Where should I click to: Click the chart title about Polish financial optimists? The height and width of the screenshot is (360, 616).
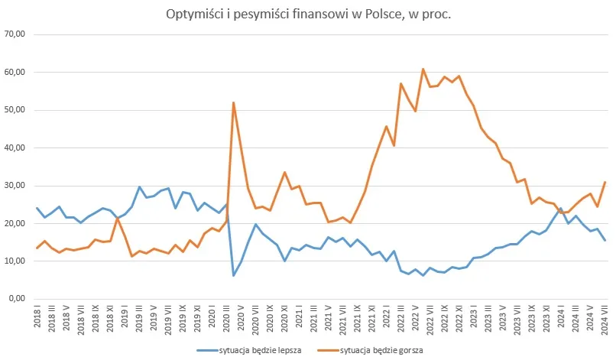[308, 15]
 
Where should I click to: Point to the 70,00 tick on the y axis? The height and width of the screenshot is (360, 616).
[16, 34]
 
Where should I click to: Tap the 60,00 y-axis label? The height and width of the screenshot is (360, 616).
[16, 72]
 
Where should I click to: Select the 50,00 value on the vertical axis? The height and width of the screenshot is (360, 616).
[16, 110]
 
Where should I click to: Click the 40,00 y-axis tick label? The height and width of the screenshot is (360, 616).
[16, 148]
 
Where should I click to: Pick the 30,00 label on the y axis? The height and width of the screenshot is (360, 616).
[16, 186]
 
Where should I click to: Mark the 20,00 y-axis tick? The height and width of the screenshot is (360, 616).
[16, 223]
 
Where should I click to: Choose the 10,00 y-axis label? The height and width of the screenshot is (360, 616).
[16, 261]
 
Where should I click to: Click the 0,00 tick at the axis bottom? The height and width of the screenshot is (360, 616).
[18, 299]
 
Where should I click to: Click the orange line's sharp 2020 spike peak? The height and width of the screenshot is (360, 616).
[233, 102]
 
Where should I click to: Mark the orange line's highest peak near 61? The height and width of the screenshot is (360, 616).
[423, 69]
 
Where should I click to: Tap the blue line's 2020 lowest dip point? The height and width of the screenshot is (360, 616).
[233, 275]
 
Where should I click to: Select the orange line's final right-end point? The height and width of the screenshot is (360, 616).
[604, 182]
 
